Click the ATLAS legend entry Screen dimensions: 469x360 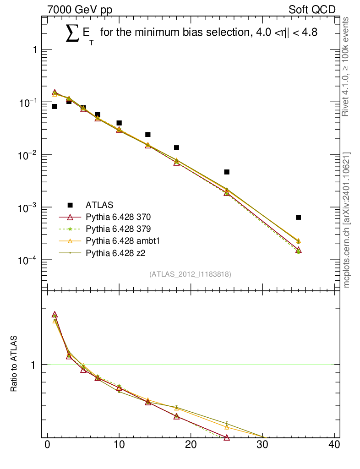[99, 204]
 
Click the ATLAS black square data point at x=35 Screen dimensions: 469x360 [298, 217]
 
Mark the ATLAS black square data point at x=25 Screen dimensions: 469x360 [227, 172]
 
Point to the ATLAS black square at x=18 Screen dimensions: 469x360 [176, 147]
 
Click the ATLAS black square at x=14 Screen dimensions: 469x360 [148, 134]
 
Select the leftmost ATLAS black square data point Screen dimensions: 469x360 [55, 106]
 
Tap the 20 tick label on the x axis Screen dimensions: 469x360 [191, 445]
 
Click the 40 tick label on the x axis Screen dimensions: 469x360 [334, 445]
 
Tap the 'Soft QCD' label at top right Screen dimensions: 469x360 [312, 10]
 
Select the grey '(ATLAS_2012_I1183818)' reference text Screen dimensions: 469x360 [190, 274]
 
